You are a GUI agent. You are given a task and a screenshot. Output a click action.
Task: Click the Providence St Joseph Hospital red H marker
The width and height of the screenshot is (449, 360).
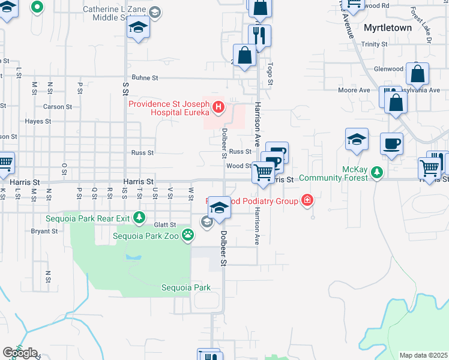218,108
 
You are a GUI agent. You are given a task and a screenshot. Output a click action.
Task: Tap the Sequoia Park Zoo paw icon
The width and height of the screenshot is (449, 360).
188,235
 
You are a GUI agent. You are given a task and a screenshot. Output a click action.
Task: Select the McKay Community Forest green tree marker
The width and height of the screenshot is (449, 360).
376,173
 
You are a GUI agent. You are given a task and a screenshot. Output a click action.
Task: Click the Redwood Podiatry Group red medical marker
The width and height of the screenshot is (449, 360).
307,200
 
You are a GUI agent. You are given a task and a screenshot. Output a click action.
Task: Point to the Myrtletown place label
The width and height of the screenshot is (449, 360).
388,28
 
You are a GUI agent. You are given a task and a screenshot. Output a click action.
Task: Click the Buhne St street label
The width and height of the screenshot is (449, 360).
145,78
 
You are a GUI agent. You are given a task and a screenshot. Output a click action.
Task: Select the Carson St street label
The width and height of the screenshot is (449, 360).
58,107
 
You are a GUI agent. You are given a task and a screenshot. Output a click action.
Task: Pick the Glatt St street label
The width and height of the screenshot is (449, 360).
164,225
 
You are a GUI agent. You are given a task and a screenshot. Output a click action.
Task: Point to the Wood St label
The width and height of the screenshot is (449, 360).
238,166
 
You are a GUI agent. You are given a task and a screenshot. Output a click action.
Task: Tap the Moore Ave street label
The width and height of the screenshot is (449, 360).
354,91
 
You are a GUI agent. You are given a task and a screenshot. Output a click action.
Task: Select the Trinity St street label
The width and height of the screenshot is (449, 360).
375,44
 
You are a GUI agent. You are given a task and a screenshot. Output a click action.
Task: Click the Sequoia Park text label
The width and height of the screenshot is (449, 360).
186,287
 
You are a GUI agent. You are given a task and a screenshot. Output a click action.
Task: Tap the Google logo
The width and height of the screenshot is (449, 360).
20,353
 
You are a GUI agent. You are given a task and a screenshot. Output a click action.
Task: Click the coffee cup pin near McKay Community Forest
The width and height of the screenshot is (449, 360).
392,144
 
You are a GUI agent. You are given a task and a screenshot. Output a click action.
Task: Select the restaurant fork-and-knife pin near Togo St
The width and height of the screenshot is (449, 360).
259,36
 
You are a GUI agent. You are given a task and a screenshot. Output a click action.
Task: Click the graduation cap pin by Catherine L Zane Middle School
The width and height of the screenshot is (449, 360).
139,27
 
